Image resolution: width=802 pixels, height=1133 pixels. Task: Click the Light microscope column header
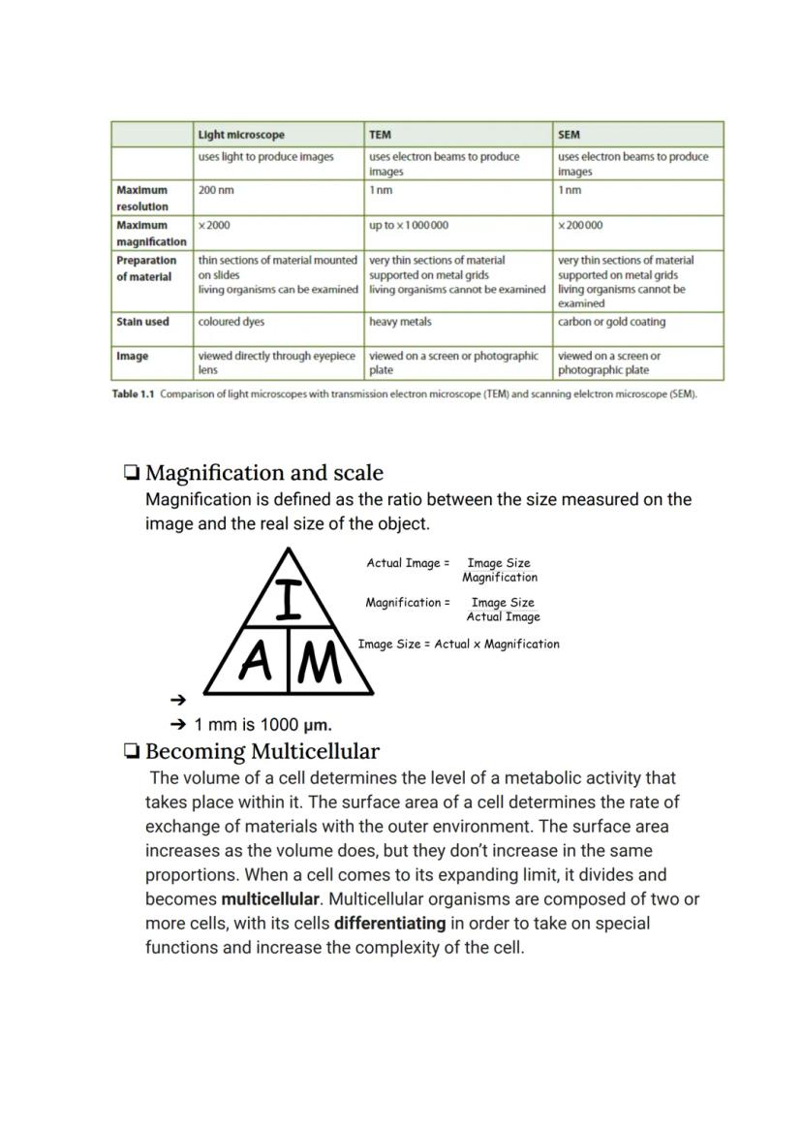point(241,135)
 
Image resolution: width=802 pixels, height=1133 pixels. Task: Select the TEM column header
point(380,135)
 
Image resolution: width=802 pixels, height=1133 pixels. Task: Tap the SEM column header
point(569,135)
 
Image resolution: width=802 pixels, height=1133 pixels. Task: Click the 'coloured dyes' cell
point(231,322)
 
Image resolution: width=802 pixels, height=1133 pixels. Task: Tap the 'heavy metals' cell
point(400,322)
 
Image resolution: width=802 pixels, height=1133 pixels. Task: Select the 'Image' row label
point(133,357)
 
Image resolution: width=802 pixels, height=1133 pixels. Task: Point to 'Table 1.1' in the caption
point(134,394)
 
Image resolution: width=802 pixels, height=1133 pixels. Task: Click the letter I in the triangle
point(288,599)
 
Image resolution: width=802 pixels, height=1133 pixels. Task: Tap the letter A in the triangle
point(254,664)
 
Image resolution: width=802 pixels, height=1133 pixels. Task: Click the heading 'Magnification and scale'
point(263,473)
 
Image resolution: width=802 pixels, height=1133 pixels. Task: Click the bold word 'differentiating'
point(389,924)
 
